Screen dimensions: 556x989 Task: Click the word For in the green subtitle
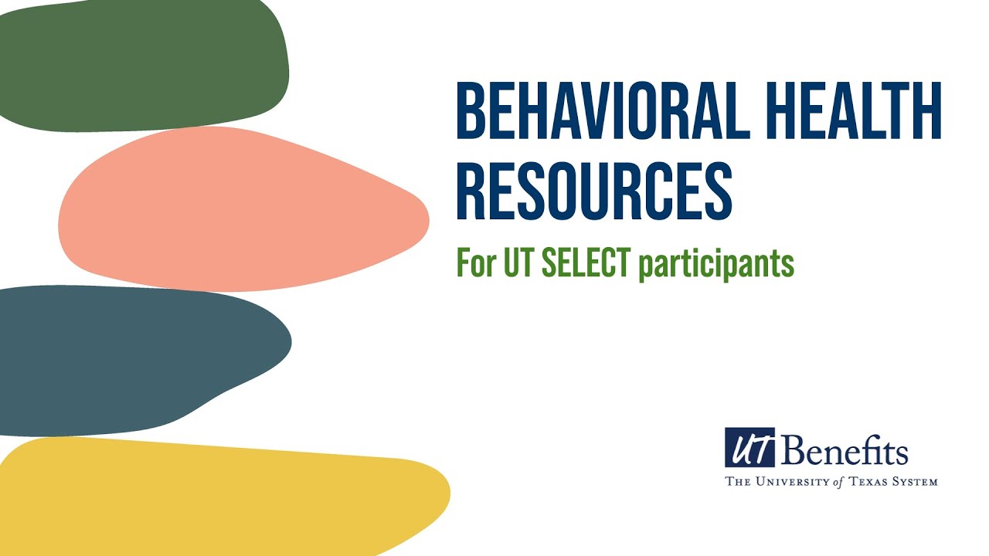tap(474, 264)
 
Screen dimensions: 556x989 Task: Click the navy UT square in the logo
tap(749, 448)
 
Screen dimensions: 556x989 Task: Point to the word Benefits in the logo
tap(845, 450)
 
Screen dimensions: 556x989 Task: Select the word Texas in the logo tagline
tap(869, 482)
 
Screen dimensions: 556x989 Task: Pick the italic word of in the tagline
tap(838, 482)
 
